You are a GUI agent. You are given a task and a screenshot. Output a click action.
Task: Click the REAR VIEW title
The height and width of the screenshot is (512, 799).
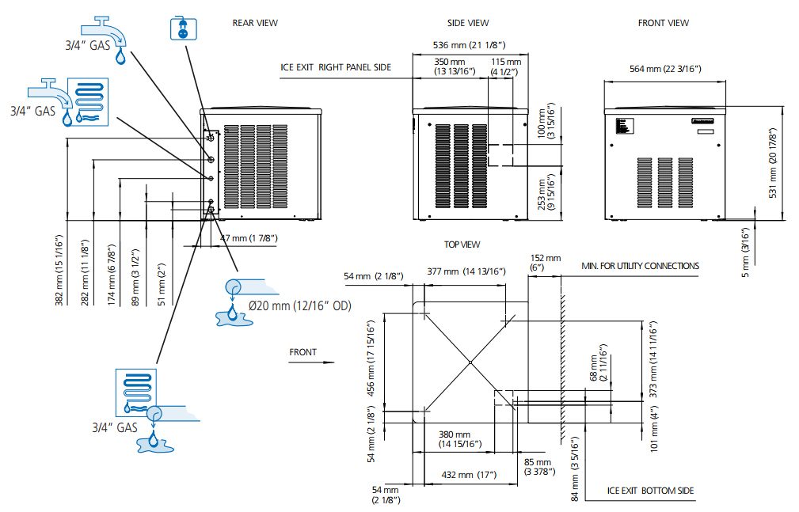click(255, 23)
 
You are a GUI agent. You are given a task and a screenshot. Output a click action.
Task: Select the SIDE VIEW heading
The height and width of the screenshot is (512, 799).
click(468, 23)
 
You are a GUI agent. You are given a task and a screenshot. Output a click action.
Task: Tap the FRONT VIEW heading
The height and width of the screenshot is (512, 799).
click(663, 23)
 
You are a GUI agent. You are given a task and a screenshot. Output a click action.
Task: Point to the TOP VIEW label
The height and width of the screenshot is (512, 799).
click(462, 245)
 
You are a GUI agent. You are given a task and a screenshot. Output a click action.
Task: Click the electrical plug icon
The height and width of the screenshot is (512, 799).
click(184, 28)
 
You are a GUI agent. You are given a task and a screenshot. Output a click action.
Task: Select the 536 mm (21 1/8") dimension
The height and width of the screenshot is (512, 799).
click(470, 45)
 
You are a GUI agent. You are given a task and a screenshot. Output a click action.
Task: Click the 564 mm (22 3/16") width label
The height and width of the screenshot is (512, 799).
click(665, 69)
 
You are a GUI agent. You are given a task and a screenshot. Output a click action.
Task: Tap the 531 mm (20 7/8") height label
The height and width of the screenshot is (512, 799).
click(773, 163)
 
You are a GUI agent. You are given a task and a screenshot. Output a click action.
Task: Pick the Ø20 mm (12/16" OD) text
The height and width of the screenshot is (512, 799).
click(300, 305)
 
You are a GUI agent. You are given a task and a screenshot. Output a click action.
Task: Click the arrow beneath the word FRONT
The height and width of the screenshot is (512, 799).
click(311, 362)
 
